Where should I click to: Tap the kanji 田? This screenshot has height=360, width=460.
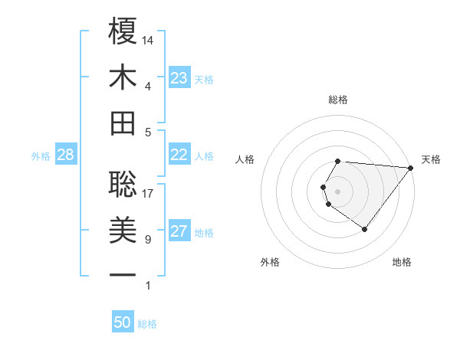coord(123,123)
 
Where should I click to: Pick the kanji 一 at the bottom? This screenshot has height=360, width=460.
coord(123,274)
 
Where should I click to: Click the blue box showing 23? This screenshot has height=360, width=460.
coord(179,78)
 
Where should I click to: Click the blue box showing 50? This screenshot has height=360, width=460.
coord(123,322)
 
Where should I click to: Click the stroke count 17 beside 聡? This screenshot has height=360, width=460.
coord(149,194)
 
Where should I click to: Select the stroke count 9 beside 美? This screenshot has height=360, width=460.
coord(148,240)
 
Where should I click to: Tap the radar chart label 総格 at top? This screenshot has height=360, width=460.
coord(338,100)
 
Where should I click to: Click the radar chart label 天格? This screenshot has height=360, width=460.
coord(431,159)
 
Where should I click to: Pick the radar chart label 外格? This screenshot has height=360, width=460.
coord(270,262)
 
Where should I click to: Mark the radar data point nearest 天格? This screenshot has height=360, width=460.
coord(410,168)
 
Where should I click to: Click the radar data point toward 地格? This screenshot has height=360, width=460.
coord(364,229)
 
